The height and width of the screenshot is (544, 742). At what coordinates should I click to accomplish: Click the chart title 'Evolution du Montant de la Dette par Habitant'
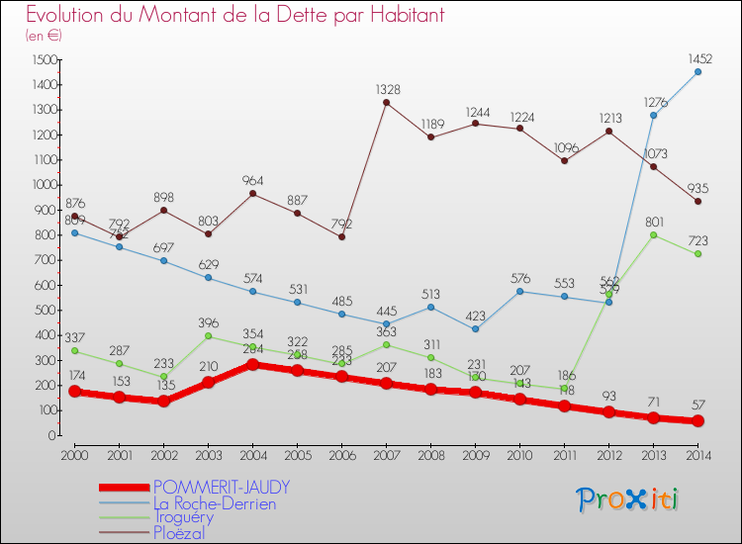point(235,16)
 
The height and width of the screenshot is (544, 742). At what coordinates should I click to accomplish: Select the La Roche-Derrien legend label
point(214,503)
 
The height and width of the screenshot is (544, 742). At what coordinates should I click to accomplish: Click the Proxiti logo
point(628,499)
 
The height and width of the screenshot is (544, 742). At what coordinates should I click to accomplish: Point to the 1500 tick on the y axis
point(44,59)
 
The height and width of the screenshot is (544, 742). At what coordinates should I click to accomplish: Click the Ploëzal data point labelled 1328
point(386,103)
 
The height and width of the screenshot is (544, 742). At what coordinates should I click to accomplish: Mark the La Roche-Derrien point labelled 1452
point(697,71)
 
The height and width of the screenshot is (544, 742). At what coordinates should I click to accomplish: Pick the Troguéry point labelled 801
point(653,234)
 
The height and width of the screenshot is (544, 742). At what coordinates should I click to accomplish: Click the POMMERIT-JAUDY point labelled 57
point(697,420)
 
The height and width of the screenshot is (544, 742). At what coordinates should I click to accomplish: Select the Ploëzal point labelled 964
point(252,194)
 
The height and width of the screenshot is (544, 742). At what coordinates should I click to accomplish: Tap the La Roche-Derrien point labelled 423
point(475,329)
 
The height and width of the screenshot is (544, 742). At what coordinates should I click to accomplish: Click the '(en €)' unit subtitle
point(44,36)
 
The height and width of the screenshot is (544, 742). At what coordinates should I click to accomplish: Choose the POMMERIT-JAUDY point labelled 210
point(208,383)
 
